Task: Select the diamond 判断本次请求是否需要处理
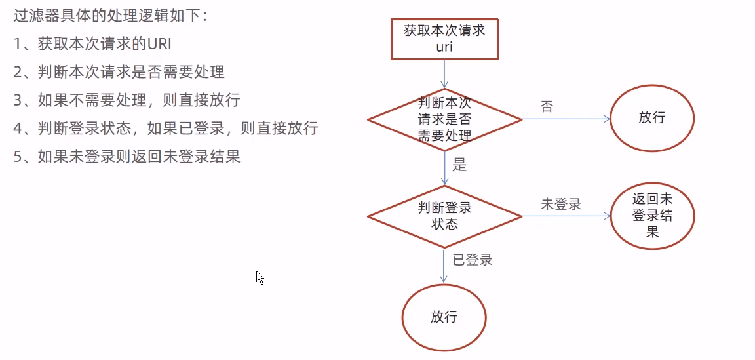444,119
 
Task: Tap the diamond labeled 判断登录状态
444,216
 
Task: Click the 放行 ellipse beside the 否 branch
651,119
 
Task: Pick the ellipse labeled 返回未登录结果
651,216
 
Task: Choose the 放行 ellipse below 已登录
444,318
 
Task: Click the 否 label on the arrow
547,107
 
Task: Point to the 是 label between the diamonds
460,165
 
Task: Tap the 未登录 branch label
560,204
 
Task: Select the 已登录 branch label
472,260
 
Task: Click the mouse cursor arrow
260,277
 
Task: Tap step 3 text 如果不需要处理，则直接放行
126,100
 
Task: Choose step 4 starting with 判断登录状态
165,128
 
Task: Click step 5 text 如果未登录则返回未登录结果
126,156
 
